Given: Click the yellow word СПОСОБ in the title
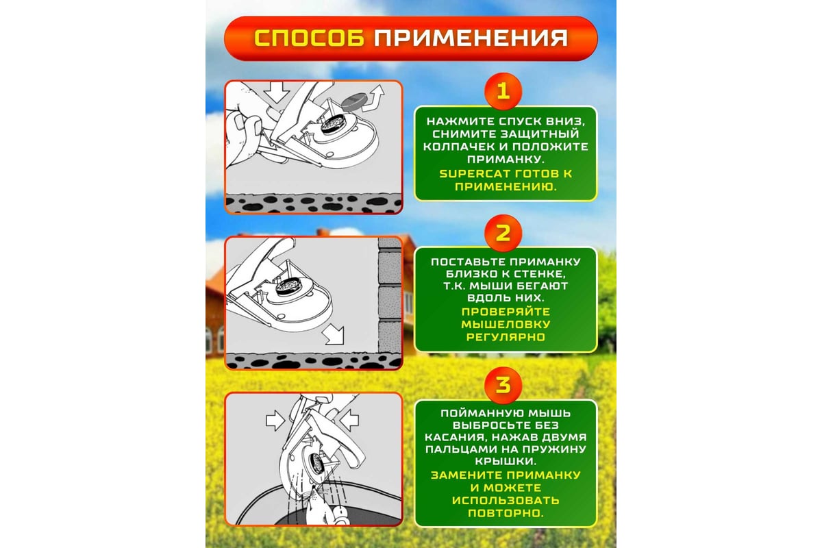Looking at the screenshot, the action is (x=309, y=38).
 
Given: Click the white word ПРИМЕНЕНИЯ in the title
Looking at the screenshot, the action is (x=471, y=38).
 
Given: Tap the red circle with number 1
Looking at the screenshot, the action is (x=503, y=91).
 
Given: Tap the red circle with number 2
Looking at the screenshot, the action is (x=503, y=233).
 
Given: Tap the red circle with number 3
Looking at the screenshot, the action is (x=503, y=386).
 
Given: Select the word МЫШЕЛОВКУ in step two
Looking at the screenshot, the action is (x=506, y=325).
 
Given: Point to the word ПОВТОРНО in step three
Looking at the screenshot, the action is (x=505, y=513).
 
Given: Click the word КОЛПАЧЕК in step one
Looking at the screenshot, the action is (x=459, y=147).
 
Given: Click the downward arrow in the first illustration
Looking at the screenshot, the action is (x=277, y=92).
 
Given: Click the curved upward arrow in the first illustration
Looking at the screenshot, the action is (x=373, y=99).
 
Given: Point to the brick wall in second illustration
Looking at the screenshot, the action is (x=390, y=295).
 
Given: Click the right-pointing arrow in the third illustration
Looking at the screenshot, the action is (x=275, y=420).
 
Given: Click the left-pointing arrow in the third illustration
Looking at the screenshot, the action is (x=349, y=420).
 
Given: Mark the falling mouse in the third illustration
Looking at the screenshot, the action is (x=323, y=503).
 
